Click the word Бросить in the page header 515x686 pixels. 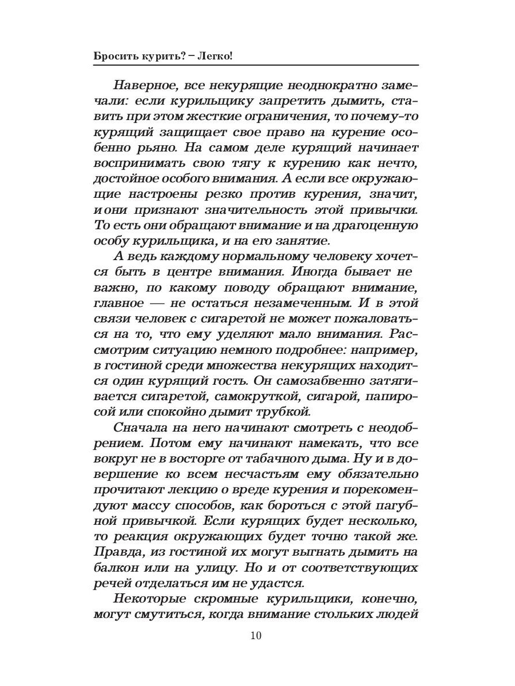pos(113,57)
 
